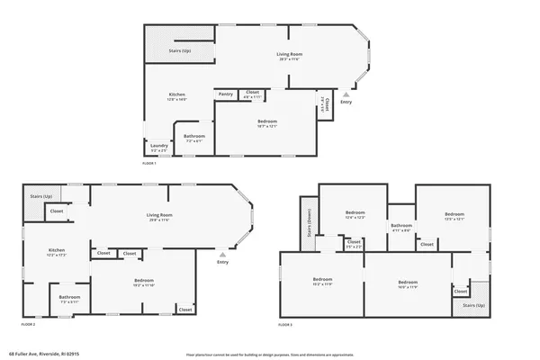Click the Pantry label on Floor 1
(x=226, y=94)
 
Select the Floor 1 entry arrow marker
(x=346, y=94)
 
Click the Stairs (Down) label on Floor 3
(x=307, y=221)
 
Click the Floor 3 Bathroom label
(x=401, y=225)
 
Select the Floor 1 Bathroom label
(x=194, y=137)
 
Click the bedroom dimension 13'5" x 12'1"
(x=453, y=219)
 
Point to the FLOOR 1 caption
(x=149, y=163)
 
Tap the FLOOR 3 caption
(x=285, y=323)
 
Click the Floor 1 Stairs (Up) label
(x=180, y=51)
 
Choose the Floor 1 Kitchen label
(x=177, y=94)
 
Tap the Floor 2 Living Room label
(x=160, y=214)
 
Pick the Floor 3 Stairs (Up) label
(x=474, y=306)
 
